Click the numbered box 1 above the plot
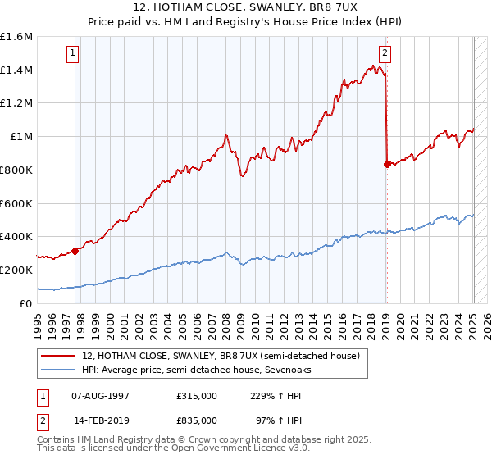click(73, 54)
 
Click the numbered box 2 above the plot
click(385, 54)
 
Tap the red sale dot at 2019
click(387, 164)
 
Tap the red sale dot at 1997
click(75, 251)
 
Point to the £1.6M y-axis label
click(16, 37)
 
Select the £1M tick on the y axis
click(21, 137)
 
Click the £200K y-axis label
click(16, 270)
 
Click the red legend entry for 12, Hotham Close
click(221, 357)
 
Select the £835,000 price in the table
click(197, 420)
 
